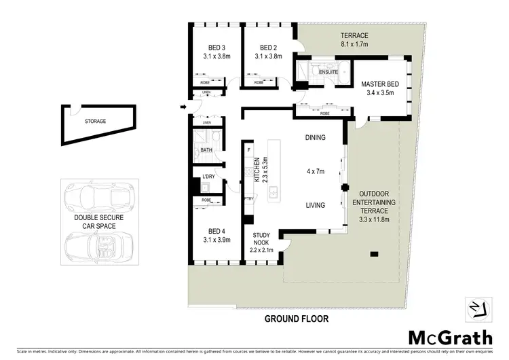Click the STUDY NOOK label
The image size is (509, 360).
click(x=263, y=238)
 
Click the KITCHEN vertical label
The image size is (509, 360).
click(x=257, y=170)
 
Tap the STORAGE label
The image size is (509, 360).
click(x=95, y=122)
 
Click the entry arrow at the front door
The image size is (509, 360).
click(x=184, y=107)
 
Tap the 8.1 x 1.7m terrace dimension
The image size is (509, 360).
click(x=355, y=44)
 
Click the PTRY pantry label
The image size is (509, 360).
click(x=248, y=198)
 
